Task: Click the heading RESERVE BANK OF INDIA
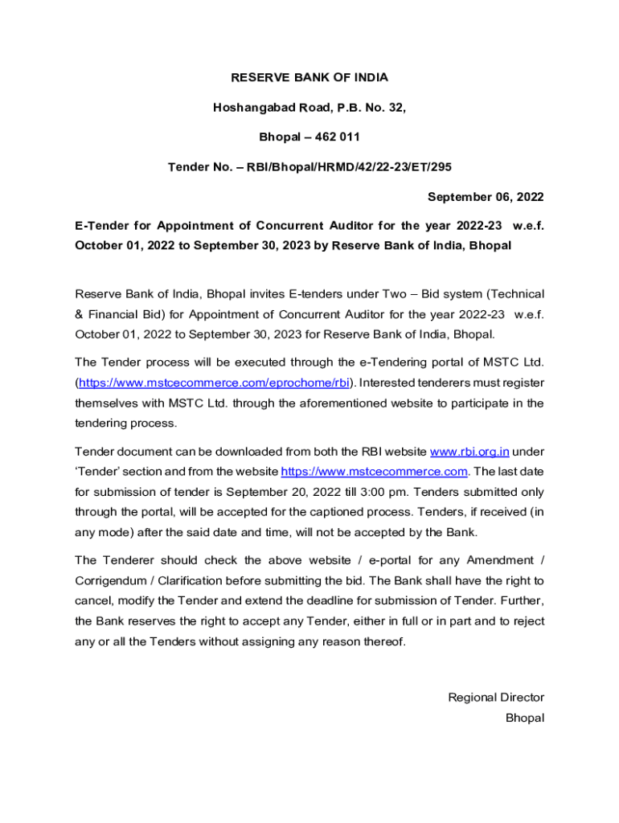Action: [309, 78]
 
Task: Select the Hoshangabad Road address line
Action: [309, 108]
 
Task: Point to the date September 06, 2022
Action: [486, 197]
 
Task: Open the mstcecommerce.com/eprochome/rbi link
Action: [215, 383]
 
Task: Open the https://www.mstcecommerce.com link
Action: [374, 471]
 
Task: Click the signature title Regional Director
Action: [496, 698]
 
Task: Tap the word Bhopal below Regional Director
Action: [524, 718]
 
